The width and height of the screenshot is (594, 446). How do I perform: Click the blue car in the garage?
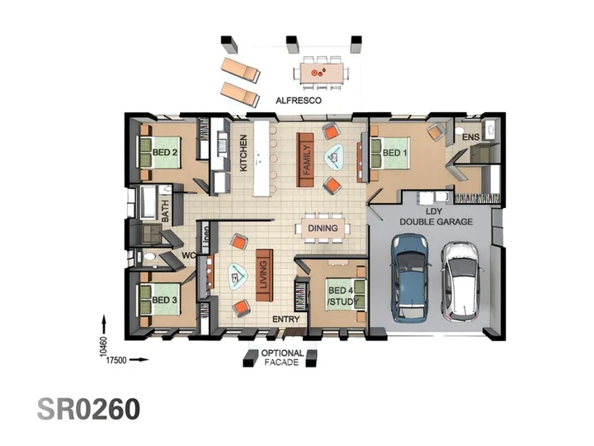coord(411,278)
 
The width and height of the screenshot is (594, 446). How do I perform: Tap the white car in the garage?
coord(462,282)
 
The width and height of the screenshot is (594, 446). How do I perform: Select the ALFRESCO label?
coord(299,101)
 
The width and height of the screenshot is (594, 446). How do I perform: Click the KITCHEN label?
coord(243,153)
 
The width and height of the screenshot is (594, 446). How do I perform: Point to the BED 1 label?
coord(394,153)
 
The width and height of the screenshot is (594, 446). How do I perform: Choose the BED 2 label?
coord(165,153)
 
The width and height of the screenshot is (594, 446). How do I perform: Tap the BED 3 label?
coord(164,300)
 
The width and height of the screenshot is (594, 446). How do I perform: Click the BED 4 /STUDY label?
coord(343,297)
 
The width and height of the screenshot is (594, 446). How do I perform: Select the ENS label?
coord(471,137)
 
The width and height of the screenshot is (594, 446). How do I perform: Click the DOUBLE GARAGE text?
coord(436,221)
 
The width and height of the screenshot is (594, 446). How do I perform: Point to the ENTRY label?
coord(286,320)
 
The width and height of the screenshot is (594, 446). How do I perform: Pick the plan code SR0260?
coord(88,409)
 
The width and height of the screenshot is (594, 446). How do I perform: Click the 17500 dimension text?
coord(116,360)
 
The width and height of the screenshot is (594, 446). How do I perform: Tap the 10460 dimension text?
coord(103,346)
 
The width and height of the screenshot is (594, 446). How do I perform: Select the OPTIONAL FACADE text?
coord(282,358)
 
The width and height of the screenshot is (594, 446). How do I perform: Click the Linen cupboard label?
coord(205,239)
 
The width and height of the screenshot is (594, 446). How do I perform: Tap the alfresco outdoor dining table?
coord(322,74)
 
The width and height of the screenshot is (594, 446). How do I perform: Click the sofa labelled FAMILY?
coord(305,159)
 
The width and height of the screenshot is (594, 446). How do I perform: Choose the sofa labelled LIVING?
coord(265,275)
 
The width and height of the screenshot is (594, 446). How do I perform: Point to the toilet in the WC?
coord(149,257)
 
